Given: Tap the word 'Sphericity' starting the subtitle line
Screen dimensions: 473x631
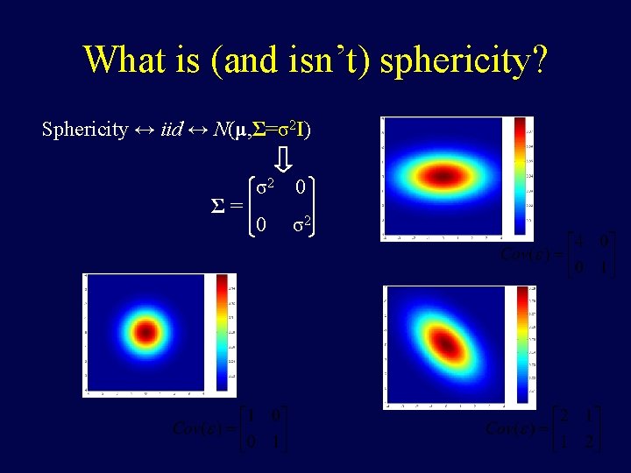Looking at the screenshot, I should (x=85, y=130).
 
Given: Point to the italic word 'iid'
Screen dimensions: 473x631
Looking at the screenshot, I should (x=172, y=130).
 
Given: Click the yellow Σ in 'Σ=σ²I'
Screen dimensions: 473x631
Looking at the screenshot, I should (x=257, y=130).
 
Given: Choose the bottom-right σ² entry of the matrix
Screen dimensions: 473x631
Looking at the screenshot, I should (x=301, y=225).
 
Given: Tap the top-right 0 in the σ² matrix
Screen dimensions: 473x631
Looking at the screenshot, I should (x=301, y=187).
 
